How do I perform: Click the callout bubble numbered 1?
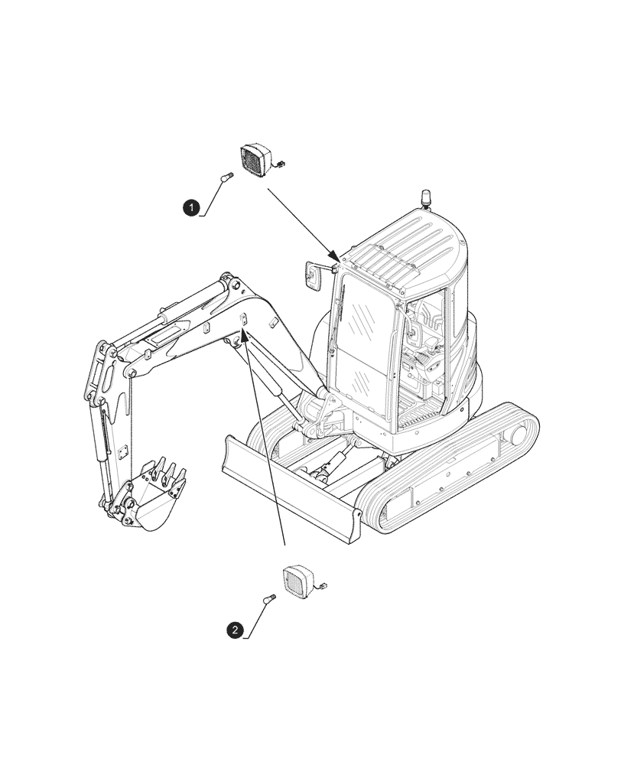click(191, 207)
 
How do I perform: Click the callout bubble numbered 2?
click(236, 630)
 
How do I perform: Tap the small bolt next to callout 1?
click(224, 177)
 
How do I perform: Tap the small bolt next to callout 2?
click(269, 600)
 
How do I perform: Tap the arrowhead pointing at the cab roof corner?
click(333, 256)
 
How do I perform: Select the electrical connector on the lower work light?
click(324, 587)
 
